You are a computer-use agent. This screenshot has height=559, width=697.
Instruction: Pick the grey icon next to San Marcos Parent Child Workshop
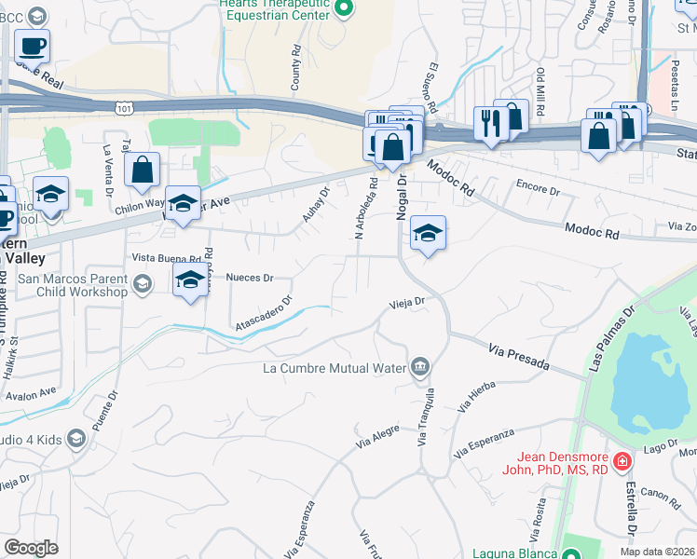click(142, 284)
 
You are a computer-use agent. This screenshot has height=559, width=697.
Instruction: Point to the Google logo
click(31, 548)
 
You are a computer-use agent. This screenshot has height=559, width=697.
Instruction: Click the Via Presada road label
click(519, 355)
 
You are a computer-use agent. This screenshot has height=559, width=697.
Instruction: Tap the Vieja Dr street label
click(406, 303)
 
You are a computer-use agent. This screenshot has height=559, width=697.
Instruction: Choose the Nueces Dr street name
click(249, 278)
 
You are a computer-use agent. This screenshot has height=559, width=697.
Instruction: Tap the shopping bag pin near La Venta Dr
click(142, 170)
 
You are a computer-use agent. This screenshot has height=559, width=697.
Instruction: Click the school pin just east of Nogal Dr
click(428, 233)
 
